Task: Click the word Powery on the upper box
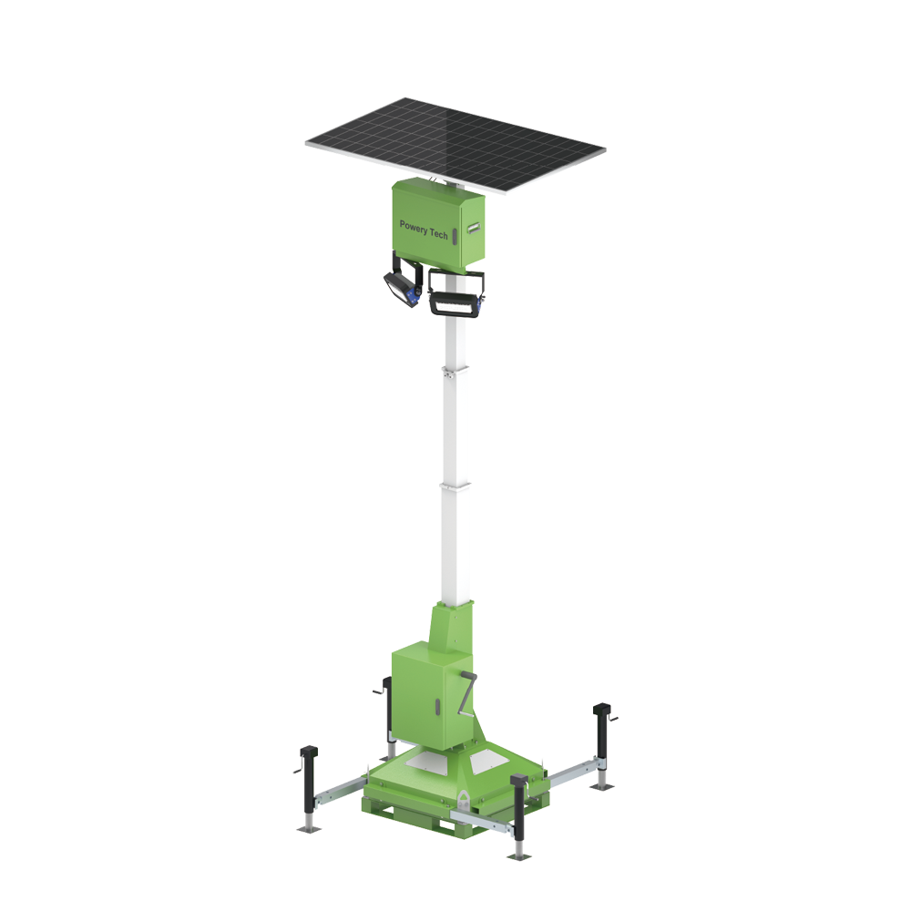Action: coord(413,227)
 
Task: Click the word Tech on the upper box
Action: coord(439,233)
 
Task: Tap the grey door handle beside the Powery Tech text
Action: coord(455,236)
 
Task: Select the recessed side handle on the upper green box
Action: coord(473,227)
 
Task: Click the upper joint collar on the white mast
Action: coord(456,372)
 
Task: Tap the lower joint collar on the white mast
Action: coord(456,486)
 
